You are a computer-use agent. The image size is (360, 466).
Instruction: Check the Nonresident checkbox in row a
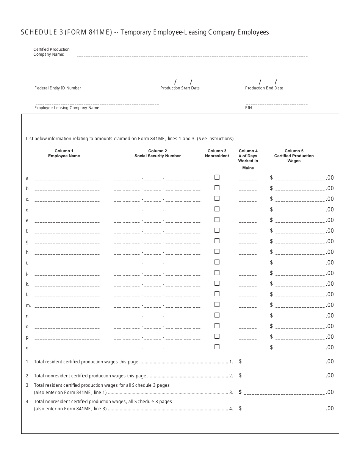point(217,177)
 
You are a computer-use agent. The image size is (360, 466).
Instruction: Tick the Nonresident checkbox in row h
point(217,251)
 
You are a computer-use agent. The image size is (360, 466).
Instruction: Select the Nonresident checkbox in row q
point(217,347)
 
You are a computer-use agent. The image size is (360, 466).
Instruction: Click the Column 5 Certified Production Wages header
point(294,156)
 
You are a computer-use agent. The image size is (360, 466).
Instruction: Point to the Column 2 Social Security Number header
point(158,153)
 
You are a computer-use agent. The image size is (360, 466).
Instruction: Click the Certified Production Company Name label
point(52,52)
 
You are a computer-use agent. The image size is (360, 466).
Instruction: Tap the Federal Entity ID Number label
point(58,88)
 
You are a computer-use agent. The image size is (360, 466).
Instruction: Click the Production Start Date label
point(180,88)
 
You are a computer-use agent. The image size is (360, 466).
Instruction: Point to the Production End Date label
point(264,88)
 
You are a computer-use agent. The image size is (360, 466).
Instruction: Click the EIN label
point(249,108)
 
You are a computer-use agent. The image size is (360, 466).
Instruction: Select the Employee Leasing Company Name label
point(67,108)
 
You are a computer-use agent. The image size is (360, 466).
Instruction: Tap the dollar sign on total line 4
point(240,408)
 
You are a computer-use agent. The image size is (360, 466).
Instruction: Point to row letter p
point(28,337)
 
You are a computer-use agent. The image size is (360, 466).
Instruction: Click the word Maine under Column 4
point(248,168)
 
